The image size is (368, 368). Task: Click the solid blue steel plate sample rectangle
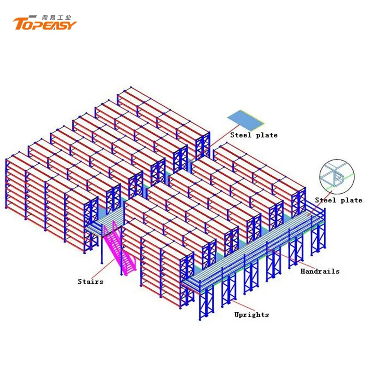tap(246, 119)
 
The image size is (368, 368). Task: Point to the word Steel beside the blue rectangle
tap(240, 135)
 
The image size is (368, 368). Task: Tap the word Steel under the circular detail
tap(325, 200)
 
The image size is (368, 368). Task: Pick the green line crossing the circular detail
tap(350, 177)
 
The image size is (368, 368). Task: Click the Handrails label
tap(320, 271)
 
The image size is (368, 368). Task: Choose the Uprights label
tap(251, 315)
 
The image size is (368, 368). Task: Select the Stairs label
tap(90, 281)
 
